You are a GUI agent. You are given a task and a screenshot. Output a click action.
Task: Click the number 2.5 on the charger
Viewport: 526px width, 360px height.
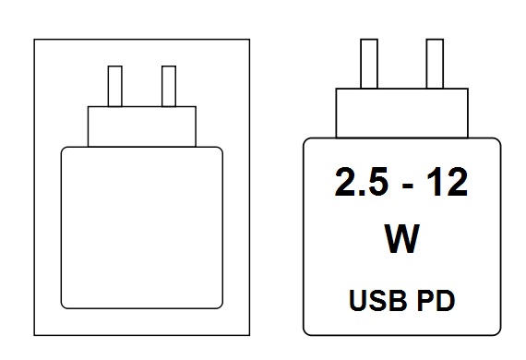(362, 182)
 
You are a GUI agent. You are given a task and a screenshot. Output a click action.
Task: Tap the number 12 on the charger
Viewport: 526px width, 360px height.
(448, 182)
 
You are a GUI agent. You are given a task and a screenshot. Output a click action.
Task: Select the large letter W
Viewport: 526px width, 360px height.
(401, 238)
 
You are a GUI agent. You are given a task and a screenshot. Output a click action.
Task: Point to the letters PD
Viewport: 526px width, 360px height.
(436, 300)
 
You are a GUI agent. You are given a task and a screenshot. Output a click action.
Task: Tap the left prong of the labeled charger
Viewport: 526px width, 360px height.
(369, 64)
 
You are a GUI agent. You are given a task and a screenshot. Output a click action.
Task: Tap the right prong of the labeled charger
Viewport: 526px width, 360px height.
(435, 64)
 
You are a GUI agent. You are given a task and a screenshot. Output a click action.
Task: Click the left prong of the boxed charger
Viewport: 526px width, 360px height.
(115, 86)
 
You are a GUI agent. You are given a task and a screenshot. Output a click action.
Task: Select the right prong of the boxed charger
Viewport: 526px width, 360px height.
(169, 86)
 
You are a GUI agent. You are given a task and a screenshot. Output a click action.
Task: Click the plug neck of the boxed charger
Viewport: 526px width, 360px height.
(142, 126)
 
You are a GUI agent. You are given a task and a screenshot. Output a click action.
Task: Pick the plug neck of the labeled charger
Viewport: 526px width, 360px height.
(401, 113)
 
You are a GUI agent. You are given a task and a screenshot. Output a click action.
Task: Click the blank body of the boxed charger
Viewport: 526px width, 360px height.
(142, 227)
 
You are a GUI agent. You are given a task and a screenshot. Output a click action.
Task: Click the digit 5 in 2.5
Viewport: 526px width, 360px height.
(377, 182)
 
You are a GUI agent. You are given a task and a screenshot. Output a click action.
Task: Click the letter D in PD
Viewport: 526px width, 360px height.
(446, 300)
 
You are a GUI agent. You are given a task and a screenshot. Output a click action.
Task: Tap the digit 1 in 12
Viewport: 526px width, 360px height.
(434, 182)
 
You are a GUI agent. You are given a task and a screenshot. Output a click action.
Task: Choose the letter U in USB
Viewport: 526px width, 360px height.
(358, 300)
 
